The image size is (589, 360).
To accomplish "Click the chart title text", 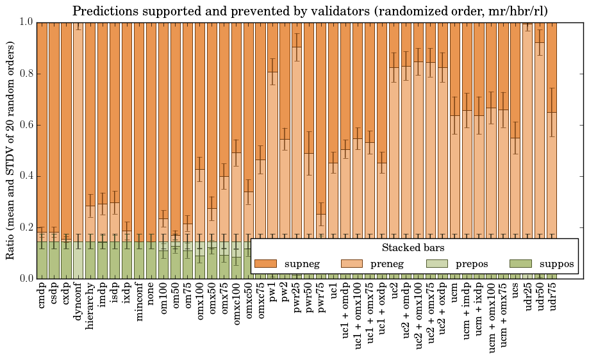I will click(310, 12).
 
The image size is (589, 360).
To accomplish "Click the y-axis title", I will click(11, 151).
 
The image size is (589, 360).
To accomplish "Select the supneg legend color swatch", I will click(265, 264).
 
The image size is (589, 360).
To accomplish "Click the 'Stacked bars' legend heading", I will click(413, 247).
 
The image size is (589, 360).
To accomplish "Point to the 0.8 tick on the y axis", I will click(25, 74).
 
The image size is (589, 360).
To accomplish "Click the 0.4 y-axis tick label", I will click(25, 176).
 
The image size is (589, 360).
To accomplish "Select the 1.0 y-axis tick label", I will click(25, 22).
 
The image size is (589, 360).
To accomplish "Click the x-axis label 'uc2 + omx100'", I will click(419, 315).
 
